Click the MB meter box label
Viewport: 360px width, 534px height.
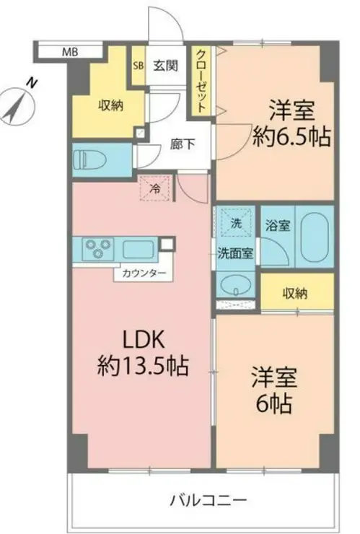click(x=71, y=52)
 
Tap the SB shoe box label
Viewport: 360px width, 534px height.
click(x=139, y=66)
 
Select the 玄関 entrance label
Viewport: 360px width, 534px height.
click(x=165, y=66)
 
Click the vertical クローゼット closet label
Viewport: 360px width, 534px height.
click(x=201, y=81)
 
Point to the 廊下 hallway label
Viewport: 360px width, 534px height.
click(x=183, y=144)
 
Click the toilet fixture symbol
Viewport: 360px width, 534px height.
click(x=90, y=159)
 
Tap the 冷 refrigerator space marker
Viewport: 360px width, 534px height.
click(x=155, y=188)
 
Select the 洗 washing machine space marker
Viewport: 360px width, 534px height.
click(x=236, y=223)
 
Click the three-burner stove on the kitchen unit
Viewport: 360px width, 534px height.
click(x=98, y=248)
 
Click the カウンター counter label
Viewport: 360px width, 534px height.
click(x=144, y=273)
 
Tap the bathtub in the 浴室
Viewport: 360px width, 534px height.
click(x=315, y=237)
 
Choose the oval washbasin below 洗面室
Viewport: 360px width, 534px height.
click(x=235, y=285)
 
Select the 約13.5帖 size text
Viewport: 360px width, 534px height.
click(x=143, y=366)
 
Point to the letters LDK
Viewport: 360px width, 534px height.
click(x=144, y=340)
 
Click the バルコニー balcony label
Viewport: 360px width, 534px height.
click(x=208, y=500)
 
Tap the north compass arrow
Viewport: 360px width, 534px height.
click(x=15, y=106)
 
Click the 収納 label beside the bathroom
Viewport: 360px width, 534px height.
click(x=295, y=293)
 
